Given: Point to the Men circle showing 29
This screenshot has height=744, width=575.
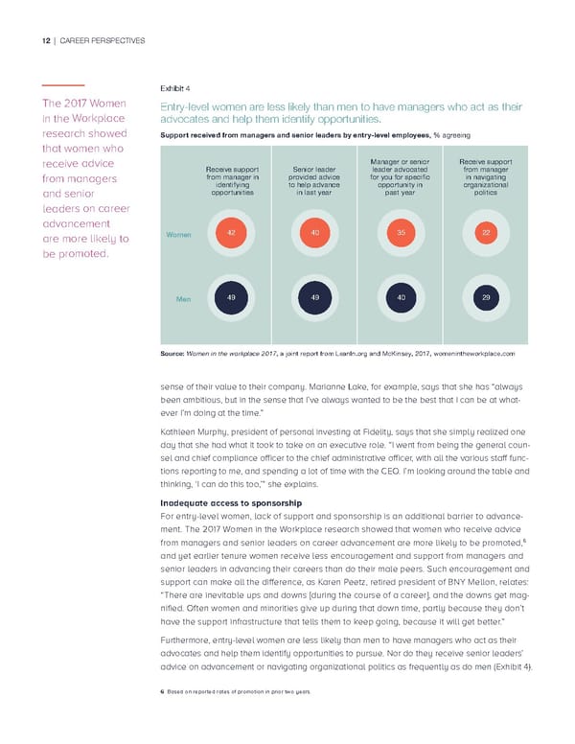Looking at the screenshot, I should (x=486, y=298).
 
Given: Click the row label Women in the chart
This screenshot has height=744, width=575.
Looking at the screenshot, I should (x=178, y=234).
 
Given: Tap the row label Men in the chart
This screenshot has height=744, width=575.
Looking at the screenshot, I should (x=184, y=300).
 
